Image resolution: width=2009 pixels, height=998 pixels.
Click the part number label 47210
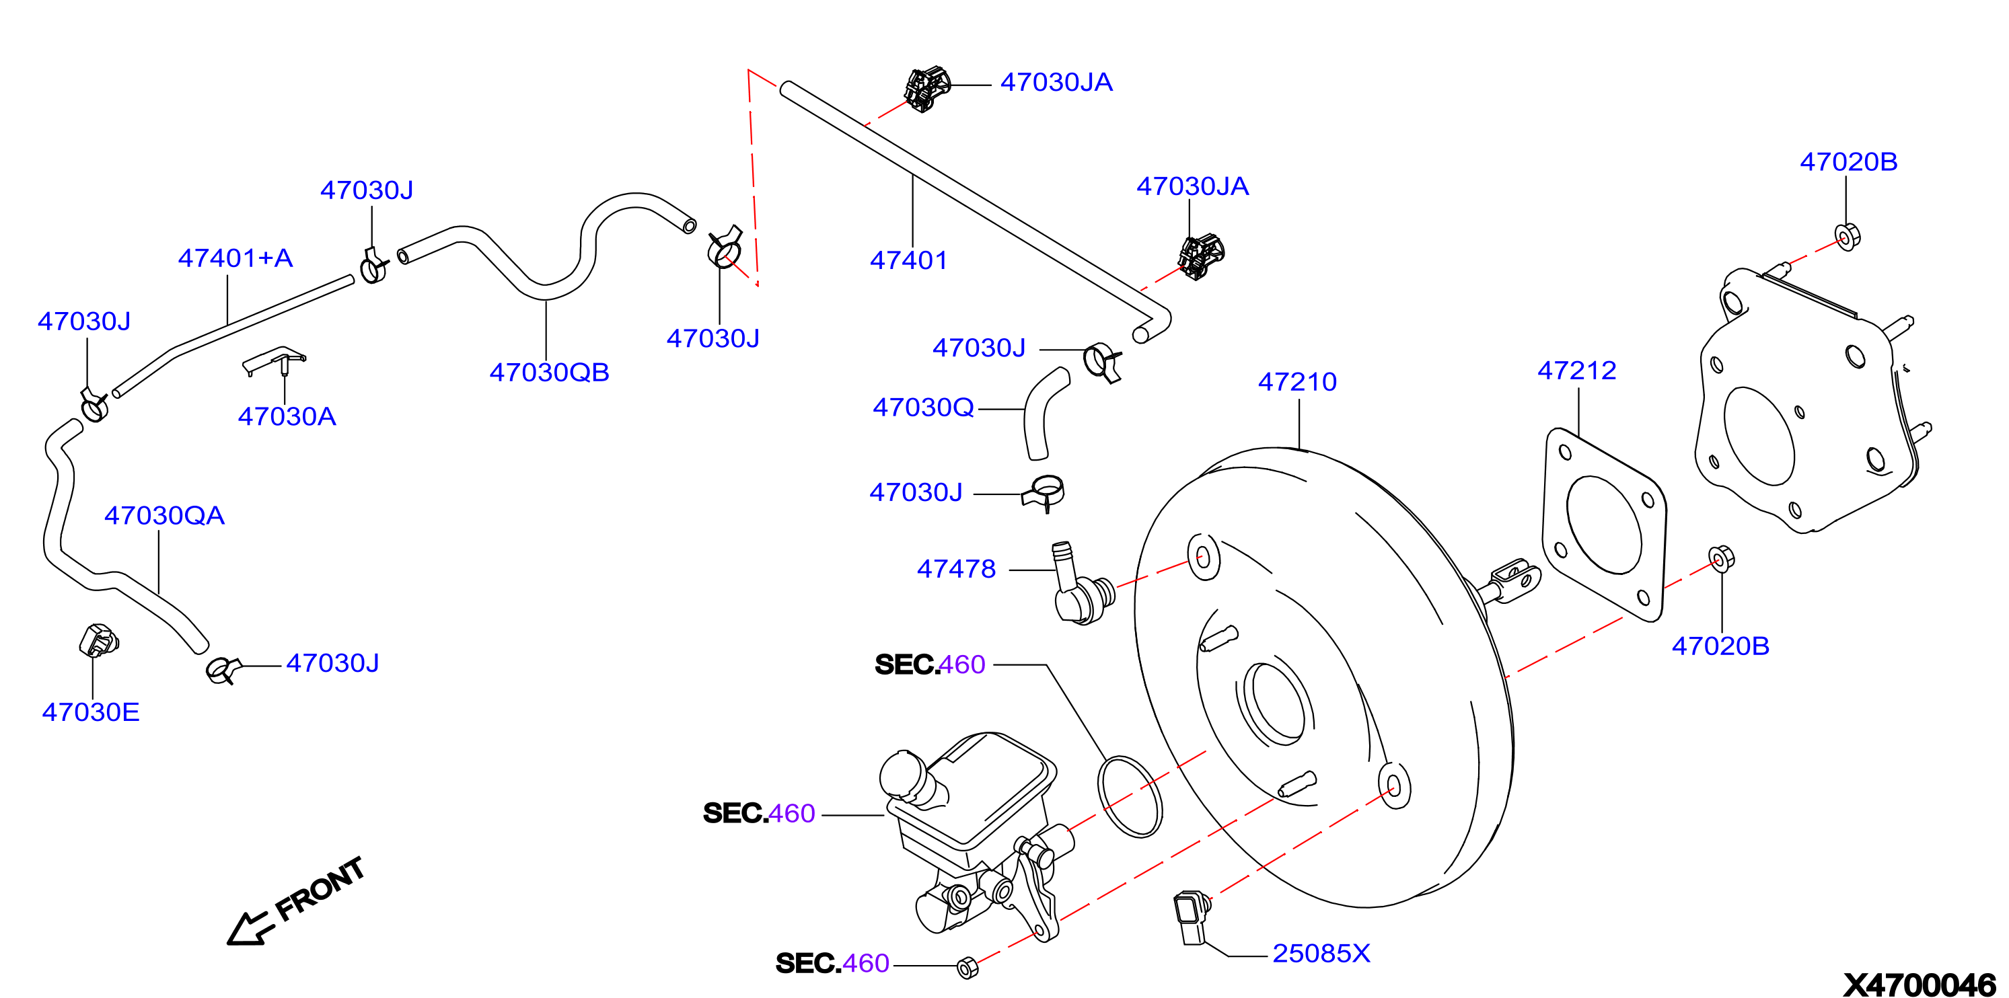point(1297,381)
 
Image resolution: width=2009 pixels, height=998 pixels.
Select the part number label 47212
point(1577,370)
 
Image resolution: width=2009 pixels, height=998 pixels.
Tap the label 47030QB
point(549,372)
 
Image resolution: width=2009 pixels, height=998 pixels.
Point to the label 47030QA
point(165,514)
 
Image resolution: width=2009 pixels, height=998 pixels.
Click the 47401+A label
point(235,258)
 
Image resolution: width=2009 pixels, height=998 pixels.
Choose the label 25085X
point(1321,953)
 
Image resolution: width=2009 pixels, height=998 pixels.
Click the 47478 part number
point(956,568)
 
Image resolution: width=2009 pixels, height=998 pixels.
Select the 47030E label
point(90,712)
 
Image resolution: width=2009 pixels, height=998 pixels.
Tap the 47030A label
point(287,416)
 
